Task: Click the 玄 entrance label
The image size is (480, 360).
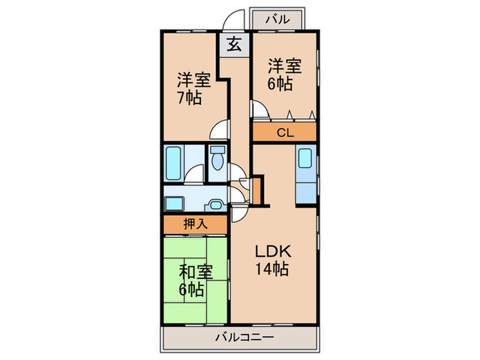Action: coord(234,45)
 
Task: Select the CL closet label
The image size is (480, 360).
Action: coord(285,132)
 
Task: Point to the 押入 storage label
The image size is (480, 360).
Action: coord(195,224)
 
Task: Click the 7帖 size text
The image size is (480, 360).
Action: coord(189,97)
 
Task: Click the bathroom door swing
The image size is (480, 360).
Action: coord(196,176)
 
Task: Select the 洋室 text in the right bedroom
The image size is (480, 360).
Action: coord(285,67)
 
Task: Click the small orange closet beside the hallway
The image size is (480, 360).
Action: coord(257,190)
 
